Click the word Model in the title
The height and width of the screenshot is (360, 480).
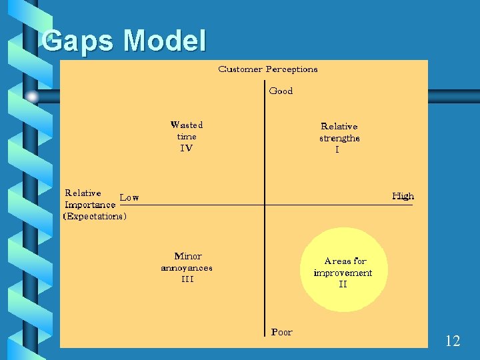pos(164,41)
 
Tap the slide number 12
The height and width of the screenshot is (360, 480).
pos(452,341)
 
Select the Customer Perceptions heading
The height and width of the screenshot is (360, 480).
pos(268,69)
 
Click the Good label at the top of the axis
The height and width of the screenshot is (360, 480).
pos(281,91)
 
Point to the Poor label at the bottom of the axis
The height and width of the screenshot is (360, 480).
pos(281,332)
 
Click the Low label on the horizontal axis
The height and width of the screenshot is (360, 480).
pos(129,197)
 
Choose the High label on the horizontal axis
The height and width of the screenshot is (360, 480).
pos(403,196)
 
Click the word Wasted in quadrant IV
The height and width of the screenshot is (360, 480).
pos(187,125)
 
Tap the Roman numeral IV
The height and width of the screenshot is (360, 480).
pos(187,148)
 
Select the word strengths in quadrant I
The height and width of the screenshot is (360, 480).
pos(339,139)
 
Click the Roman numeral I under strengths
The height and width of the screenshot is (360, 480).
pos(337,151)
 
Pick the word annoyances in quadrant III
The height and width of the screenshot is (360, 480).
pos(187,268)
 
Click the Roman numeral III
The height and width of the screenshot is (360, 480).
pos(187,279)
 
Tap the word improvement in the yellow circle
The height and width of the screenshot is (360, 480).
pos(343,273)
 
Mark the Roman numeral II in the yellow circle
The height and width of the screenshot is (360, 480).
pos(343,285)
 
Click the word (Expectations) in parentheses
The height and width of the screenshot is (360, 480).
pos(95,217)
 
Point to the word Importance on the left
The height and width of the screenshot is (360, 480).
pos(90,205)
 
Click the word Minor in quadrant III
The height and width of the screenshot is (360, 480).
pos(187,256)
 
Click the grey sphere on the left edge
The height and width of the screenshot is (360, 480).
pos(32,96)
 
